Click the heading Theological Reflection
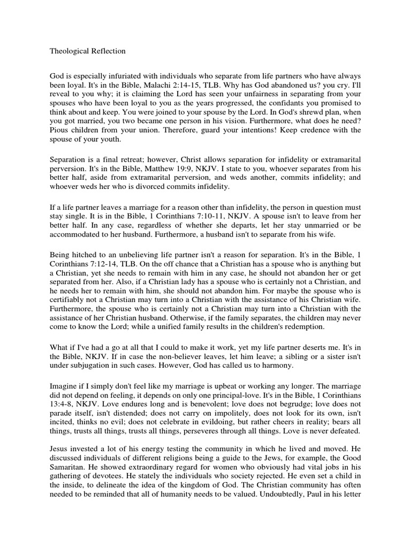tap(88, 51)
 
